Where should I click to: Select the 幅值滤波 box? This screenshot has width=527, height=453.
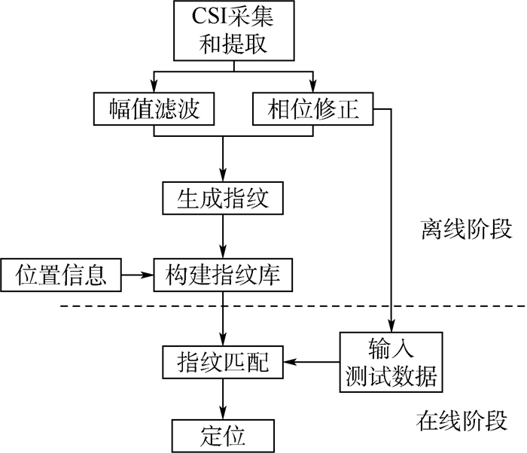click(x=154, y=110)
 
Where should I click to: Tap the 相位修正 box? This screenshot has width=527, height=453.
click(x=313, y=110)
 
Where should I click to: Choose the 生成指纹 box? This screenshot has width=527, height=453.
click(x=222, y=200)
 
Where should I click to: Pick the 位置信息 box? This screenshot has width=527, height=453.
click(x=60, y=275)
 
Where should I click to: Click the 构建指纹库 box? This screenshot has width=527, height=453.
click(x=222, y=275)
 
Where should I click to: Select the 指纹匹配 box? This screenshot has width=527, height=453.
click(x=222, y=363)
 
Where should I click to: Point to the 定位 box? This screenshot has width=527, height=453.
click(x=222, y=435)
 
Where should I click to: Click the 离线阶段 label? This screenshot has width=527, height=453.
click(x=465, y=229)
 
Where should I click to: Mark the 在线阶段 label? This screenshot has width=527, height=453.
click(x=462, y=420)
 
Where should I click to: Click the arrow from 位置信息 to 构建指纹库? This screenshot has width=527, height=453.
click(x=136, y=275)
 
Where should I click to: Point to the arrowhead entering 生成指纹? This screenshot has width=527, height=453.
click(x=222, y=178)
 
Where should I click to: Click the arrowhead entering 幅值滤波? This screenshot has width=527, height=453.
click(x=154, y=88)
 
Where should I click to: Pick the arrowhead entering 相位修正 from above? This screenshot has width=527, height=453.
click(x=313, y=88)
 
